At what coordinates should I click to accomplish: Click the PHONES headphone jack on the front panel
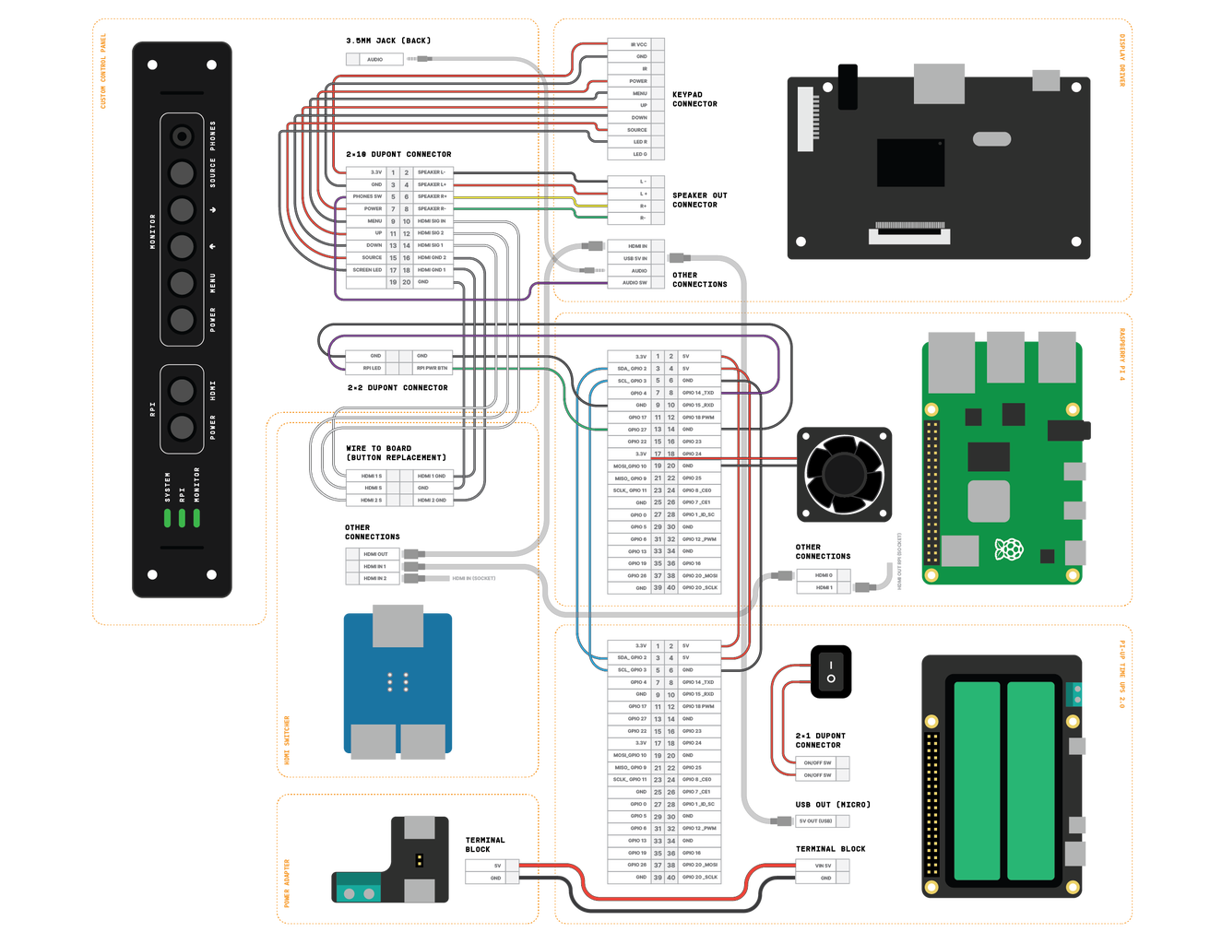(183, 136)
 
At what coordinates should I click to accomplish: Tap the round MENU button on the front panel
(183, 283)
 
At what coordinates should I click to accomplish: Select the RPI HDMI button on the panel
(183, 390)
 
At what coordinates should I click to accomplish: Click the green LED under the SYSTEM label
(168, 517)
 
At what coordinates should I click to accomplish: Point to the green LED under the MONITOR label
(196, 517)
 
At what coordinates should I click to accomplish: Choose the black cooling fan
(844, 474)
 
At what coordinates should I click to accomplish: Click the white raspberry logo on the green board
(1009, 549)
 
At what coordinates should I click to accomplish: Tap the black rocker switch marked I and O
(831, 671)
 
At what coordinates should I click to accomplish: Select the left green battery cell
(977, 780)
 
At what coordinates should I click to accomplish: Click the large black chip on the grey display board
(910, 162)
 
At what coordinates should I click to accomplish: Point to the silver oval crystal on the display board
(991, 139)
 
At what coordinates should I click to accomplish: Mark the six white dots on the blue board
(397, 681)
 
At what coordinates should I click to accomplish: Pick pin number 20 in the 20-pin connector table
(406, 282)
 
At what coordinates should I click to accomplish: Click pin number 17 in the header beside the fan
(658, 454)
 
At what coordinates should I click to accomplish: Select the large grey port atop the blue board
(397, 626)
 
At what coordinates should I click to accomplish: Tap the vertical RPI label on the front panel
(153, 407)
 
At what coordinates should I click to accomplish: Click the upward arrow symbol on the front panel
(213, 246)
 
